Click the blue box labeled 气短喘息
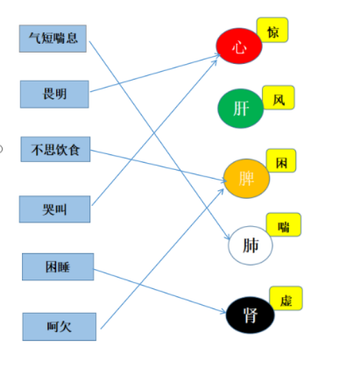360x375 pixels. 53,39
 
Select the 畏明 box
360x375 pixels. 54,95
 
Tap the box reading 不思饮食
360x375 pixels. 55,149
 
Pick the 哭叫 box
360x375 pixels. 54,209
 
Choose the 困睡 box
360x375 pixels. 58,267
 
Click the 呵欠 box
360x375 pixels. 60,327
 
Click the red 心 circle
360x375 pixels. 239,46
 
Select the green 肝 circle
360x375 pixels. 241,109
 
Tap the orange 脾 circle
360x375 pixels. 246,179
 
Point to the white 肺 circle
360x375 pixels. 251,245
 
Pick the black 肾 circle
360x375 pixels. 251,315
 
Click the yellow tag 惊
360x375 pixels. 272,30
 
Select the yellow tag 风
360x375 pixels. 279,98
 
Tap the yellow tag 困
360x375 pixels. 281,161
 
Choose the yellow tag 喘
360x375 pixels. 284,224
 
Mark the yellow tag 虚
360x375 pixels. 286,298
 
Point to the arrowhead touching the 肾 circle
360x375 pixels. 223,312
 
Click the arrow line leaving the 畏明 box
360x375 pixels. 155,73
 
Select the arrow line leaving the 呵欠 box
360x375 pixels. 162,258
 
